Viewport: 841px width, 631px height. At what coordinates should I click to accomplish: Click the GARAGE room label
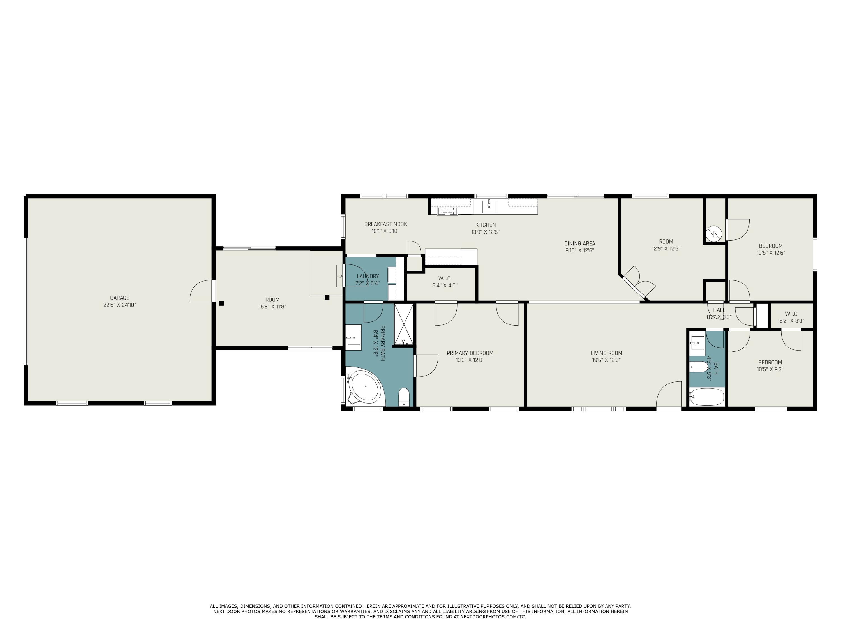tap(119, 298)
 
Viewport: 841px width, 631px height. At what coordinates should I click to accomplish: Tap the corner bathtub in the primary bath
tap(365, 387)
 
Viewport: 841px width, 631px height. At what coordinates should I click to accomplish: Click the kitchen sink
tap(489, 206)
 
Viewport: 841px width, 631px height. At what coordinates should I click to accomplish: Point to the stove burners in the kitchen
tap(447, 210)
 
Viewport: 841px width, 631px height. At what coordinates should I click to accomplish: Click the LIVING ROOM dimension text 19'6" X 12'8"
tap(606, 360)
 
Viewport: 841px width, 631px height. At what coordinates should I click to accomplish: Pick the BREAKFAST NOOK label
tap(385, 224)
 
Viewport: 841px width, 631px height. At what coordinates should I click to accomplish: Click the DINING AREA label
tap(579, 244)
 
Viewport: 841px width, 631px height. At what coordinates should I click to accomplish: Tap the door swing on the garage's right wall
tap(202, 291)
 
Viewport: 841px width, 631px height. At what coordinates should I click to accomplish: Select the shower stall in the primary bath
tap(403, 324)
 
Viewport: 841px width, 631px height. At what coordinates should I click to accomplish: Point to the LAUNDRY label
tap(368, 276)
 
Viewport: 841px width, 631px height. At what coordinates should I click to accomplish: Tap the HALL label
tap(719, 310)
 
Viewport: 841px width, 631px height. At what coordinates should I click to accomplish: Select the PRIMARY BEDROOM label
tap(470, 353)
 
